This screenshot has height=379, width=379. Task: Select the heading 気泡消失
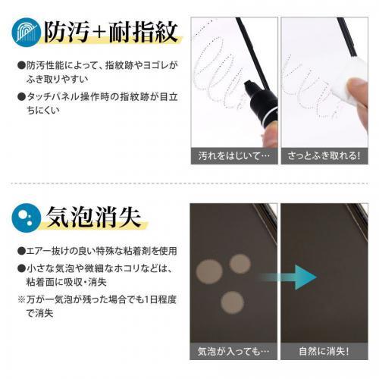click(x=95, y=217)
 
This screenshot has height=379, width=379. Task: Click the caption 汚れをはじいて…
click(x=233, y=155)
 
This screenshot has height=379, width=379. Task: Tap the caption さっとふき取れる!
click(x=324, y=155)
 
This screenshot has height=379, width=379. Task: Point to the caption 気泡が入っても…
click(x=233, y=352)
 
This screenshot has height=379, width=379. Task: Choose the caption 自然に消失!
click(x=324, y=352)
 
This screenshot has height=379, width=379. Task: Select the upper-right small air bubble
click(x=240, y=263)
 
